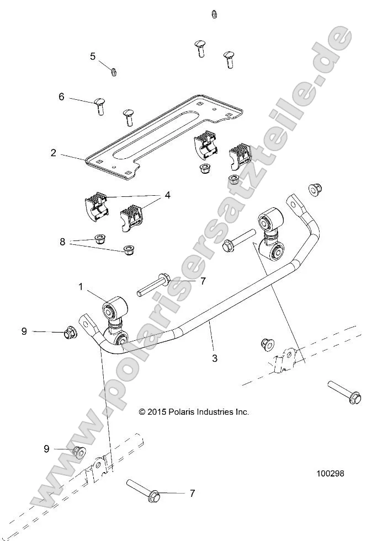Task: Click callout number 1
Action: coord(81,287)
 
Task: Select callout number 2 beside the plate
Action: coord(54,153)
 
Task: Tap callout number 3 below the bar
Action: coord(215,358)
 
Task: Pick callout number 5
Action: coord(93,56)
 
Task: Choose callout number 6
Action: coord(61,97)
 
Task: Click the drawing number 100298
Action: coord(334,473)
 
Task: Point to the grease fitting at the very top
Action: coord(214,13)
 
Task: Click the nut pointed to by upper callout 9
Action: coord(71,333)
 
